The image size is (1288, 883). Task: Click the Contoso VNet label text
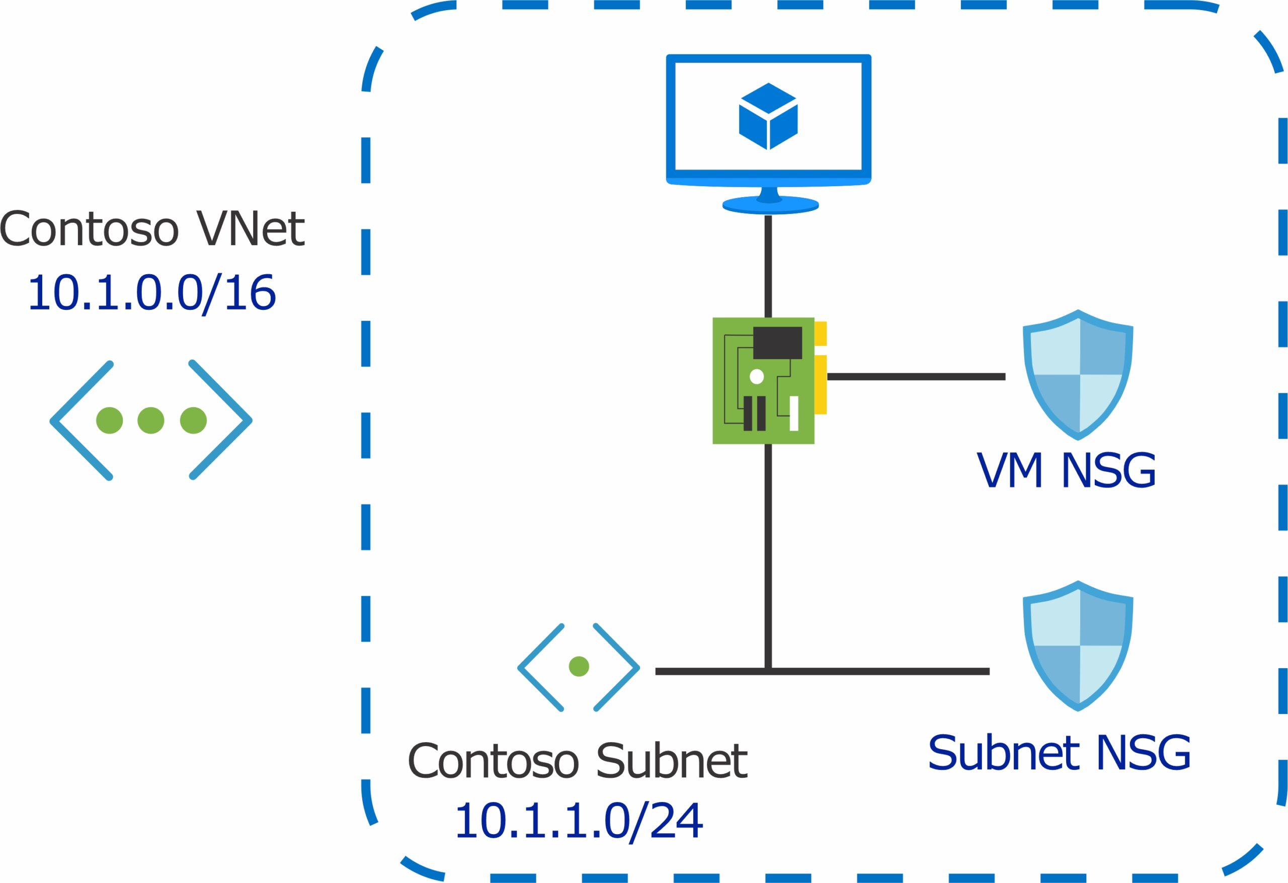[x=152, y=228]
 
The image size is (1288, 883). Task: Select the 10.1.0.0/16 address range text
[x=152, y=292]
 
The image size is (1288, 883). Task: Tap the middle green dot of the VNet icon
[x=151, y=420]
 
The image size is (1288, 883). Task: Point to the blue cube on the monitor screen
[x=768, y=116]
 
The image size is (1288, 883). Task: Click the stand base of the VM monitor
[x=770, y=206]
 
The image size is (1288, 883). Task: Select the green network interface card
[x=763, y=381]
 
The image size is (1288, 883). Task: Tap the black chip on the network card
[x=777, y=343]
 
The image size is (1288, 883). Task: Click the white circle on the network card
[x=757, y=377]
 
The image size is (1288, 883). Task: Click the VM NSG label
[x=1066, y=470]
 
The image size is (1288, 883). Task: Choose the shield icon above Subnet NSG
[x=1078, y=645]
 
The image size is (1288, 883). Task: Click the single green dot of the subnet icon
[x=579, y=666]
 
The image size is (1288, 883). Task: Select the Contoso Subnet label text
[x=578, y=761]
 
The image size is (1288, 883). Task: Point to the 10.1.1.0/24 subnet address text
[x=579, y=821]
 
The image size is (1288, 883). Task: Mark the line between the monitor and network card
[x=768, y=266]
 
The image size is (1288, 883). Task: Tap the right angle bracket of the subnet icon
[x=616, y=667]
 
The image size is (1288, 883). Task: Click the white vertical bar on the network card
[x=793, y=414]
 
